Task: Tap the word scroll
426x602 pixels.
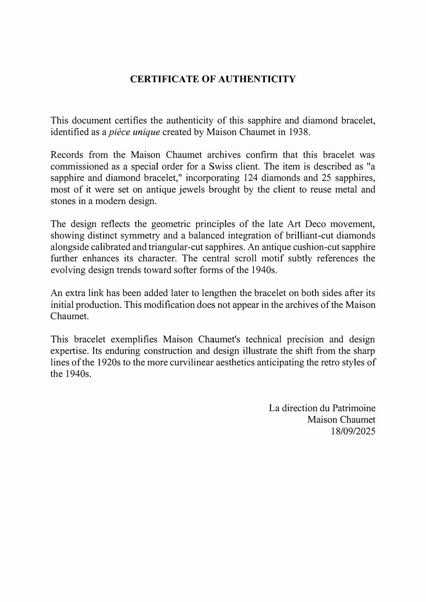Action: point(244,258)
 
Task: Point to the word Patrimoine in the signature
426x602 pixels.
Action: point(354,408)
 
